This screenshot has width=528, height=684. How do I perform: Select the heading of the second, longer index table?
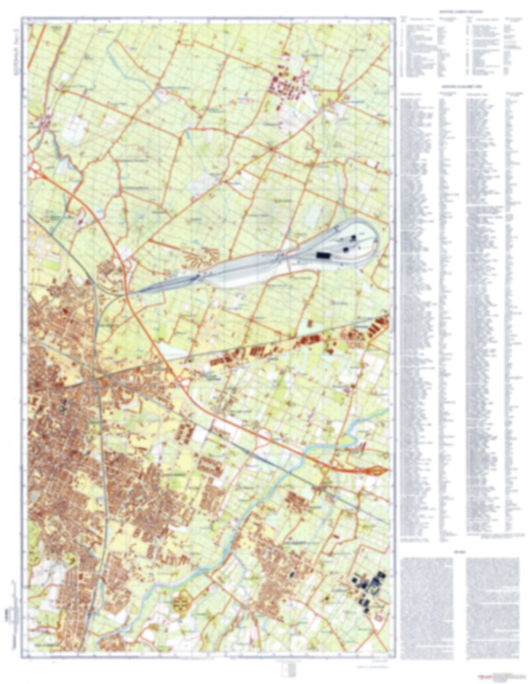click(x=459, y=87)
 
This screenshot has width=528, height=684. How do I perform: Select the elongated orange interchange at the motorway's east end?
click(x=376, y=470)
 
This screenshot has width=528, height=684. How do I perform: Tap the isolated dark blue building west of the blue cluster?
click(x=292, y=574)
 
